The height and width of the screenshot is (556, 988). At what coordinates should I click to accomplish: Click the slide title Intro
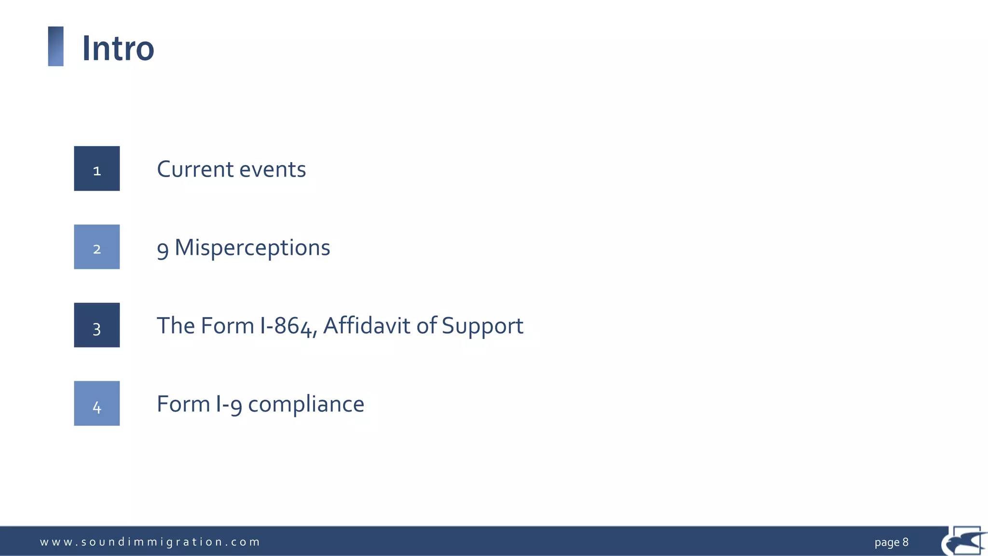point(118,49)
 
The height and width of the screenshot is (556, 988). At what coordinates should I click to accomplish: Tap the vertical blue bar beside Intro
point(56,46)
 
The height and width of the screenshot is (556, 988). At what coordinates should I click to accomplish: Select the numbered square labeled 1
point(97,168)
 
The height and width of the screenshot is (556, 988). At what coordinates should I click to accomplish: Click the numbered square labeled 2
point(97,247)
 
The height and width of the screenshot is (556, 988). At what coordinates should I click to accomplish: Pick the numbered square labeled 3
point(97,325)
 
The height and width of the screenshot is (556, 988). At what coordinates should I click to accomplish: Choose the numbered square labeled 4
point(97,403)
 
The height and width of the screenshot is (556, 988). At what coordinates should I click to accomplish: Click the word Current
point(195,169)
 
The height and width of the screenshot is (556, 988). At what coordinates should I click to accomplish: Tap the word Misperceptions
point(252,248)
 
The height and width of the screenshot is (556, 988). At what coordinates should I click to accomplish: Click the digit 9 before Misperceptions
point(163,249)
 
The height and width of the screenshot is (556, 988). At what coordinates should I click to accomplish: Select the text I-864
point(288,326)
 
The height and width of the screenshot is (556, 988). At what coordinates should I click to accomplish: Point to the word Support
point(482,327)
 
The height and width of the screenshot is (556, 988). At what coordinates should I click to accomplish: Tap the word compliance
point(306,404)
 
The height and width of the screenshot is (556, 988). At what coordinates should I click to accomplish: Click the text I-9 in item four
point(229,404)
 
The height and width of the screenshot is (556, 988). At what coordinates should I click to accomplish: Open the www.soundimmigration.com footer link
point(150,542)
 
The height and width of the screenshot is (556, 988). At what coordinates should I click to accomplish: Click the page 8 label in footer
point(891,542)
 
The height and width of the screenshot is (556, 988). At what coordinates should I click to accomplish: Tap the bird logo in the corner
point(965,542)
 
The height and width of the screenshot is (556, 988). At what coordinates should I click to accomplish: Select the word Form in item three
point(227,326)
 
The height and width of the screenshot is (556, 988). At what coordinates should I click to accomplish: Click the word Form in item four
point(183,404)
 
